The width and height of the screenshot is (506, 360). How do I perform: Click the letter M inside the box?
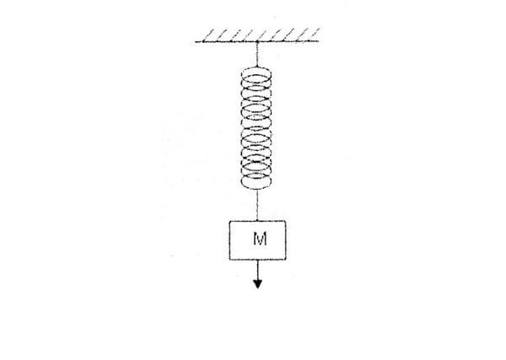259,239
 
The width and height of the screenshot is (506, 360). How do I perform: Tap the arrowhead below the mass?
258,282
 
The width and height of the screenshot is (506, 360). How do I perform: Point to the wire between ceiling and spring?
256,54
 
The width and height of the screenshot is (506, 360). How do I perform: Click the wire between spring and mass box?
257,207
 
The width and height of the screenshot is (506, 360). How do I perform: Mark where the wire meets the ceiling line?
256,40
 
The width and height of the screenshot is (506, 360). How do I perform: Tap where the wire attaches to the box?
257,220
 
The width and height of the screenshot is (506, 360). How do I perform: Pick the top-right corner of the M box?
287,221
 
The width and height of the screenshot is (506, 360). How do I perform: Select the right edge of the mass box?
287,239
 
